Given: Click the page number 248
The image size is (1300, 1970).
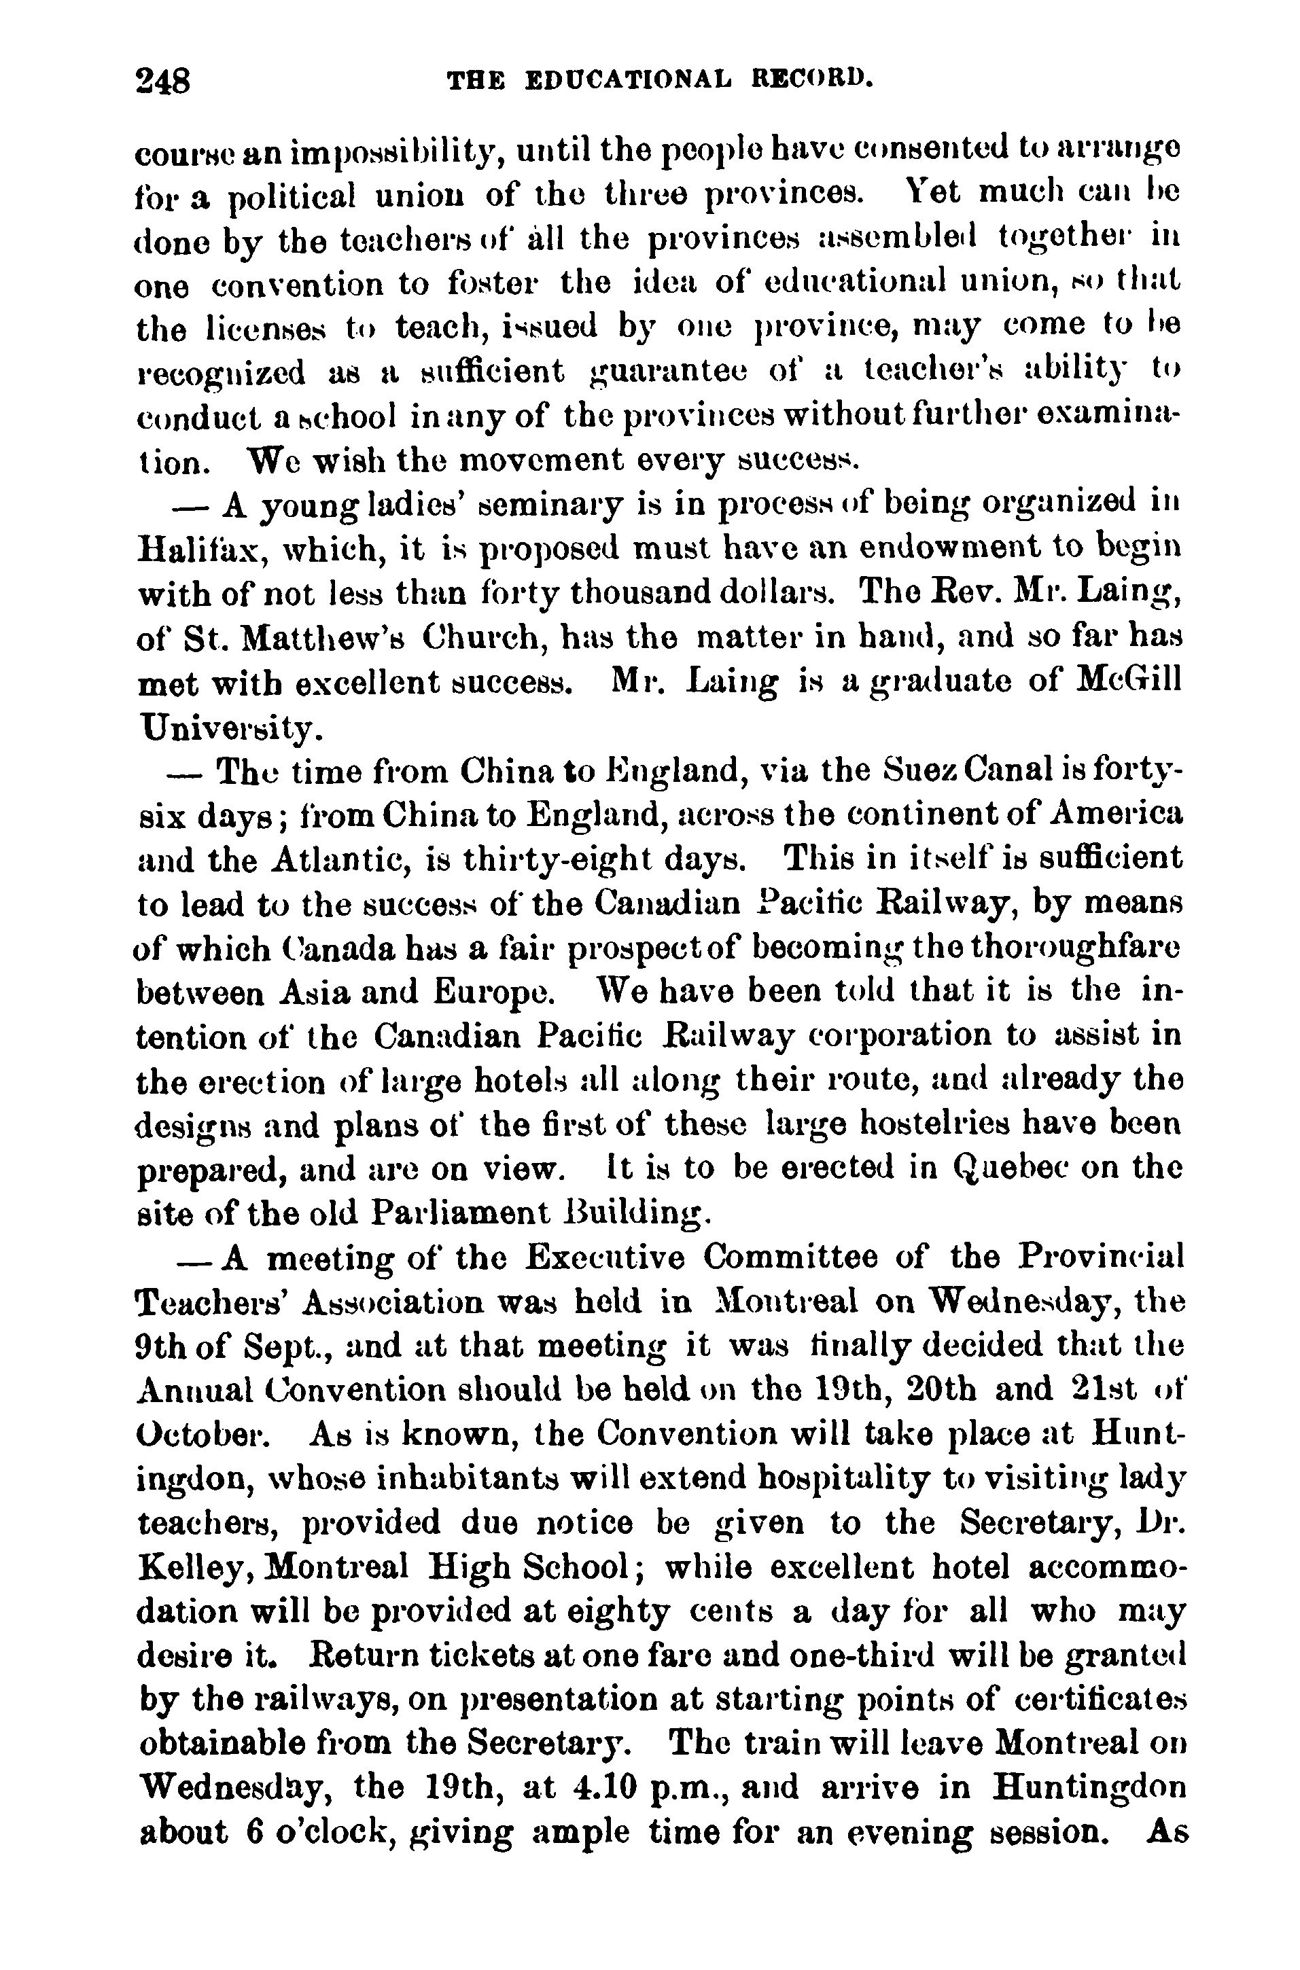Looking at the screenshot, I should pos(164,82).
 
